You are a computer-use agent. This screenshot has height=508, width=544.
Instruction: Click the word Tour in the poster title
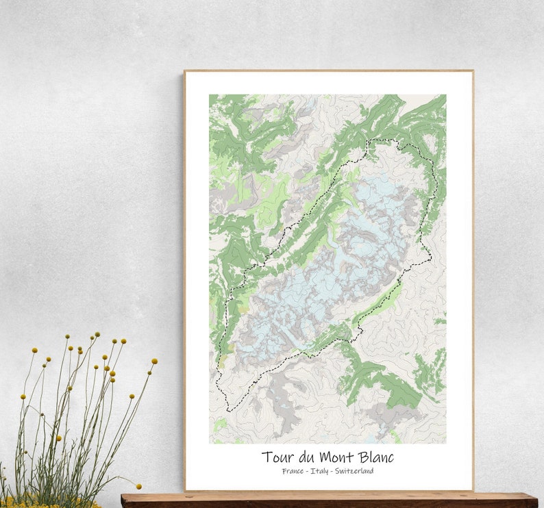coord(277,457)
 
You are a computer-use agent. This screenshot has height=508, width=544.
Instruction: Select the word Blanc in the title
coord(375,457)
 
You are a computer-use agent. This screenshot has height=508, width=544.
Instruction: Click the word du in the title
coord(306,457)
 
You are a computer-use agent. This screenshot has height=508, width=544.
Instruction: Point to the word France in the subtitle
coord(293,471)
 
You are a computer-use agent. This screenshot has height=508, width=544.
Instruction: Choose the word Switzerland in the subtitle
coord(354,471)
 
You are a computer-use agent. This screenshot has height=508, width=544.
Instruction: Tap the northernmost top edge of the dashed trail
coord(384,140)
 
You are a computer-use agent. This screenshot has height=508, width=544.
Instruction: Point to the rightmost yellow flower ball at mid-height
coord(155,361)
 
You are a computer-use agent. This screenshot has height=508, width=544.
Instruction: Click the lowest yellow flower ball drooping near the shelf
coord(138,487)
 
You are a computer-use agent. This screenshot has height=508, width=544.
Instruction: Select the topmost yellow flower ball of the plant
coord(97,334)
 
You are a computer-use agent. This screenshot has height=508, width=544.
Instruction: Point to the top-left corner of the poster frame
coord(185,71)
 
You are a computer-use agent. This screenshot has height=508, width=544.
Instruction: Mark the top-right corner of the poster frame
coord(472,71)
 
